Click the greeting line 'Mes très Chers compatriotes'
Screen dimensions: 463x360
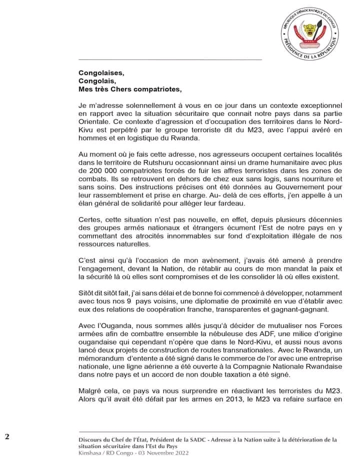(x=128, y=89)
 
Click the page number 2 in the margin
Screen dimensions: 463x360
(x=7, y=436)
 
